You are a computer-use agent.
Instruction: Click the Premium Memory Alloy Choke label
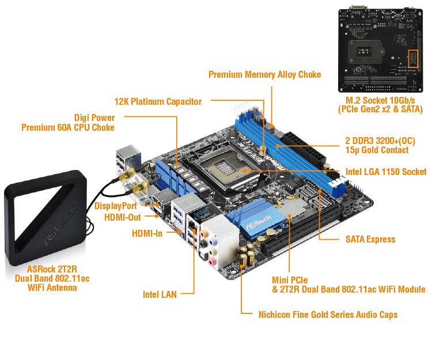(264, 74)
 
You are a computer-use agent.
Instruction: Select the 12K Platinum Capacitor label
(158, 101)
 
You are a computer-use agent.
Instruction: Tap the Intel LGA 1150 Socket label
(386, 172)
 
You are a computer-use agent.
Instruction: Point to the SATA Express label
(370, 239)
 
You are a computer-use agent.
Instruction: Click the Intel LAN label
(160, 294)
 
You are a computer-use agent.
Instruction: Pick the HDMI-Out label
(123, 217)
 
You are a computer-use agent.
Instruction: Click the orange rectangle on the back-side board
(412, 58)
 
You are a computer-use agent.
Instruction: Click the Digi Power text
(94, 117)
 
